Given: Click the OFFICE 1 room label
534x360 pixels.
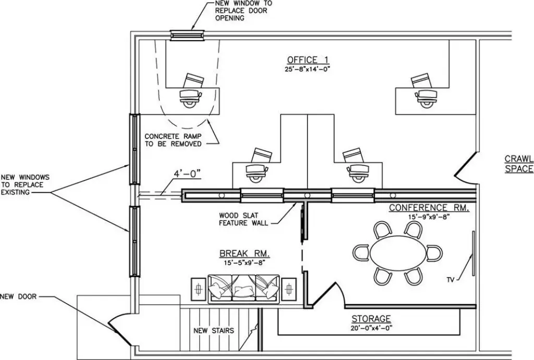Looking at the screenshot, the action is click(x=308, y=60).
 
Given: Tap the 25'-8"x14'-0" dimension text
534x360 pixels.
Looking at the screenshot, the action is click(x=308, y=69).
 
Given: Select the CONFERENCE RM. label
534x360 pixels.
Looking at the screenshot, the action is click(x=429, y=208).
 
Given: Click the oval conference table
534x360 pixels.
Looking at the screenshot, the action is click(x=398, y=253).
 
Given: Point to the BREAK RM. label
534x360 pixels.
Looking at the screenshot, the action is click(x=245, y=254).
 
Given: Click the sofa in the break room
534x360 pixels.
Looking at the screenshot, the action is click(x=244, y=289).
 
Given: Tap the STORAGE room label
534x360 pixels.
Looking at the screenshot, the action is click(x=371, y=319).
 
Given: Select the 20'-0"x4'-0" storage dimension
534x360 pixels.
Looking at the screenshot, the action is click(x=371, y=328).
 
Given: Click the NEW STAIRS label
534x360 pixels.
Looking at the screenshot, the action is click(x=214, y=331).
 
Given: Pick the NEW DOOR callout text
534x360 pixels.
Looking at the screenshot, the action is click(x=18, y=297).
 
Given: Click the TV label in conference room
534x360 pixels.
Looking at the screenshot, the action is click(x=450, y=280).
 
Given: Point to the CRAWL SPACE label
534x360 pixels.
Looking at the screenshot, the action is click(x=519, y=164).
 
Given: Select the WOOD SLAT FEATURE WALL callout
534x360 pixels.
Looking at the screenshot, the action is click(x=243, y=219).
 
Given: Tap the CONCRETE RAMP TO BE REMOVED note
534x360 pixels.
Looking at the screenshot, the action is click(x=173, y=140).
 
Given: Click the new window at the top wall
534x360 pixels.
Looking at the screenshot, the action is click(x=187, y=35).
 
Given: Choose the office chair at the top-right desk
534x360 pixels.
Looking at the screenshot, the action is click(x=426, y=98).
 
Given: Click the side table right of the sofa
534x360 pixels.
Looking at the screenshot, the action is click(x=289, y=289).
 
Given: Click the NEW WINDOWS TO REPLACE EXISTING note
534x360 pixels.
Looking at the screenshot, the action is click(x=25, y=185).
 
